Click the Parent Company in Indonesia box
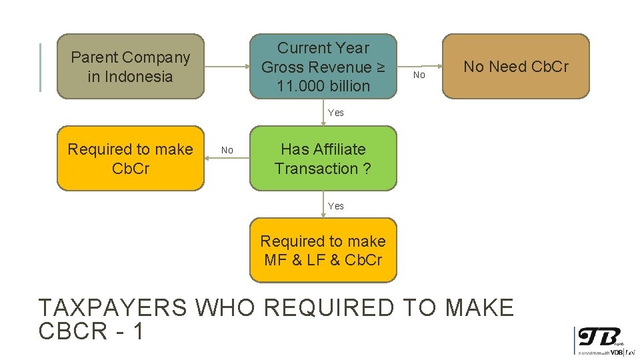(130, 67)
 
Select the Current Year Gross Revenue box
(323, 67)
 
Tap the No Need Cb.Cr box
(516, 67)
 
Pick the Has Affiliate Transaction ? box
(323, 159)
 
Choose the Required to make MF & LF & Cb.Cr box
(323, 250)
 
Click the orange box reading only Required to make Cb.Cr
(130, 159)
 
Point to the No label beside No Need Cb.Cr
(419, 75)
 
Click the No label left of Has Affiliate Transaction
(227, 151)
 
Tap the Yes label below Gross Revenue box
(336, 113)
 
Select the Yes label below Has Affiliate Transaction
(336, 206)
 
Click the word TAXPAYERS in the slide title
(111, 308)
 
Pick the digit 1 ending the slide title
(138, 331)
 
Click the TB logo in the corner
(599, 337)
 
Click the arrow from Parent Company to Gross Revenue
(227, 67)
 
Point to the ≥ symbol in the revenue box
(380, 67)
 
